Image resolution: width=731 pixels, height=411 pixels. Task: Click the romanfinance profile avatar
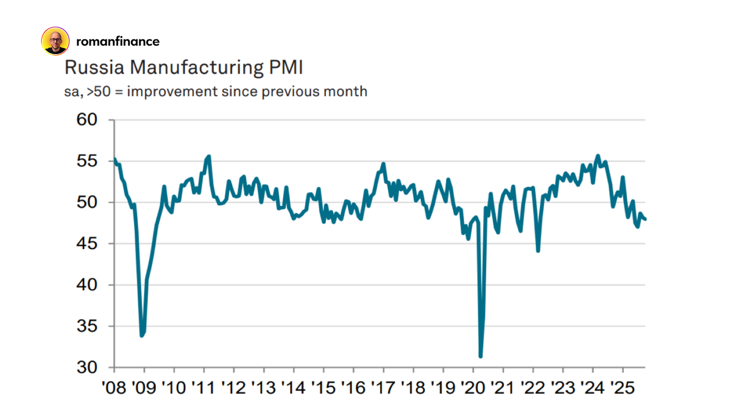click(55, 41)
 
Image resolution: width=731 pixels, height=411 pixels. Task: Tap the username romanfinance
click(118, 41)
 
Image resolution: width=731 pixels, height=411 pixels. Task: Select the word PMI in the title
click(286, 68)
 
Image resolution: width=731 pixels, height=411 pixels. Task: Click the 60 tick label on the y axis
click(88, 120)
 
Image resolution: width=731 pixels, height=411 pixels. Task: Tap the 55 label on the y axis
click(88, 161)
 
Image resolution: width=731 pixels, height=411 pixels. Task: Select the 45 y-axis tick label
click(88, 244)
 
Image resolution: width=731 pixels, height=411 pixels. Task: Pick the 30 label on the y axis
click(88, 367)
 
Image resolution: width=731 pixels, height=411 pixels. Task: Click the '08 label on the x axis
click(114, 388)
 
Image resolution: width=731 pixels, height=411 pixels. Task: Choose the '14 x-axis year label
click(293, 388)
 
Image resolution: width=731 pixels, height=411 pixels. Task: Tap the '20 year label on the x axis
click(473, 388)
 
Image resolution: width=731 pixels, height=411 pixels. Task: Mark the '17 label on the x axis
click(383, 388)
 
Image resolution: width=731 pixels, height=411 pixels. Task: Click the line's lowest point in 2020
click(481, 356)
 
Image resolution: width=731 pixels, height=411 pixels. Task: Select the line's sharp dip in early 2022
click(538, 250)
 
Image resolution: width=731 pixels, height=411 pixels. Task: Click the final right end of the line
click(645, 219)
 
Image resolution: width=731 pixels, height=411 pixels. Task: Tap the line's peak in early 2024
click(598, 156)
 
